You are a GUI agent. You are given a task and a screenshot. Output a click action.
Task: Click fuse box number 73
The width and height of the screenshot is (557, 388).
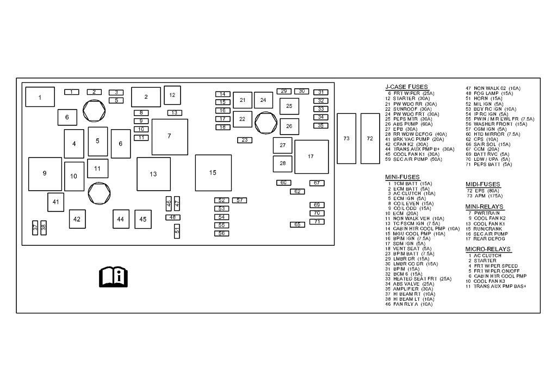[346, 138]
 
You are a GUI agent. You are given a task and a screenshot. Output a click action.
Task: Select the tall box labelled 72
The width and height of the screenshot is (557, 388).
[370, 138]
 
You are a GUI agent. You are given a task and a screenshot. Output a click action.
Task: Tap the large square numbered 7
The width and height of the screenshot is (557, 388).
[169, 136]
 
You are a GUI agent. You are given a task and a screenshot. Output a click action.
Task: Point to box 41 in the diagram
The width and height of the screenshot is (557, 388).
[55, 202]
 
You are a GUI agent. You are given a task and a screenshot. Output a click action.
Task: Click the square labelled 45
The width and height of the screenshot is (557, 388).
[143, 219]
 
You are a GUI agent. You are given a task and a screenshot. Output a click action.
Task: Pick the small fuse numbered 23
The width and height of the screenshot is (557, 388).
[245, 140]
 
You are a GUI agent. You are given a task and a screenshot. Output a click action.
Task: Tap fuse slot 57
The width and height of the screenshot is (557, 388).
[240, 201]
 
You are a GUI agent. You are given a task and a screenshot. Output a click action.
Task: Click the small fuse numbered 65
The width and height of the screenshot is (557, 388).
[297, 225]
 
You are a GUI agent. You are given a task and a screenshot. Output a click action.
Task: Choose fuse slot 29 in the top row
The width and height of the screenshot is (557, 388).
[284, 91]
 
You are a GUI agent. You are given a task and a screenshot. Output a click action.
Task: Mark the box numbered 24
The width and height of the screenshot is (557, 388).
[263, 100]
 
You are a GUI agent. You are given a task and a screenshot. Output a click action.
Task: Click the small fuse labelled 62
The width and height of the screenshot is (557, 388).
[297, 191]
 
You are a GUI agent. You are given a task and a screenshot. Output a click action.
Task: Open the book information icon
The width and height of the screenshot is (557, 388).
[113, 277]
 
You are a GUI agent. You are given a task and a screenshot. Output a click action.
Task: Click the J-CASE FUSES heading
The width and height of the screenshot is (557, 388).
[406, 87]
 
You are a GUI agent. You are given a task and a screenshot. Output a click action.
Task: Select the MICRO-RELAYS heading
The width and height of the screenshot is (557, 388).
[487, 249]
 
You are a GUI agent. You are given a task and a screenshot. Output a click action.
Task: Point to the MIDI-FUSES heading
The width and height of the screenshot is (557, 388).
[482, 185]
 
